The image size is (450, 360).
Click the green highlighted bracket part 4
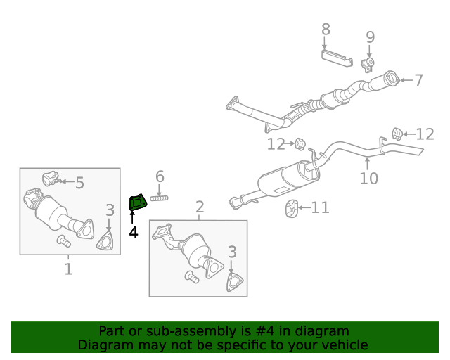click(137, 203)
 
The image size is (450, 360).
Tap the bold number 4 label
click(133, 231)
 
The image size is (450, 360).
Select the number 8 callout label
click(326, 30)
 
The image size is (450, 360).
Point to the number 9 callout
click(370, 37)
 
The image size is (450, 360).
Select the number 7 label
click(418, 80)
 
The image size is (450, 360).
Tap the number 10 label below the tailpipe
click(368, 178)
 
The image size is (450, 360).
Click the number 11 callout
click(320, 207)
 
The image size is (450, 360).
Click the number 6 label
click(160, 176)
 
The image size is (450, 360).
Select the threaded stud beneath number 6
click(160, 198)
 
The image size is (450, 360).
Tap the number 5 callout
click(79, 184)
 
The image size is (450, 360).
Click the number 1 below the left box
click(68, 269)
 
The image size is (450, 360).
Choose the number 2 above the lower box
click(200, 207)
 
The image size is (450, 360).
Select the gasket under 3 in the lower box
click(231, 282)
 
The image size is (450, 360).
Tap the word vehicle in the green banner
click(341, 345)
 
